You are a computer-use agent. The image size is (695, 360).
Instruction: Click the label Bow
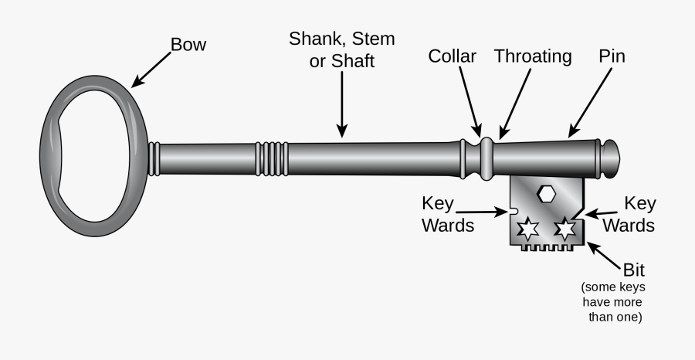[x=188, y=45]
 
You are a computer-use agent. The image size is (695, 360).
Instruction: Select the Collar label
[x=452, y=56]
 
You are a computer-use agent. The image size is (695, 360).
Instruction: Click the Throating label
[x=533, y=56]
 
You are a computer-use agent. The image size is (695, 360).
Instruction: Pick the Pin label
[x=612, y=56]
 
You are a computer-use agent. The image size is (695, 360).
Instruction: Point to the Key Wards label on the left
[x=448, y=215]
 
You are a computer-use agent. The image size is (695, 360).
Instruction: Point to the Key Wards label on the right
[x=629, y=215]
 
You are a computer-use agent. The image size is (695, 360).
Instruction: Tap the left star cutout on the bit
[x=527, y=229]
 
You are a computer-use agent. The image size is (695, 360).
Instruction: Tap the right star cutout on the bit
[x=565, y=229]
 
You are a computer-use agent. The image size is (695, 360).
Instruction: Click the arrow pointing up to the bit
[x=605, y=255]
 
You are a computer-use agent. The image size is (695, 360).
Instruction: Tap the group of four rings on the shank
[x=273, y=158]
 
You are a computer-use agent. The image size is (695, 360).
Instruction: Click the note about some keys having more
[x=613, y=301]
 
